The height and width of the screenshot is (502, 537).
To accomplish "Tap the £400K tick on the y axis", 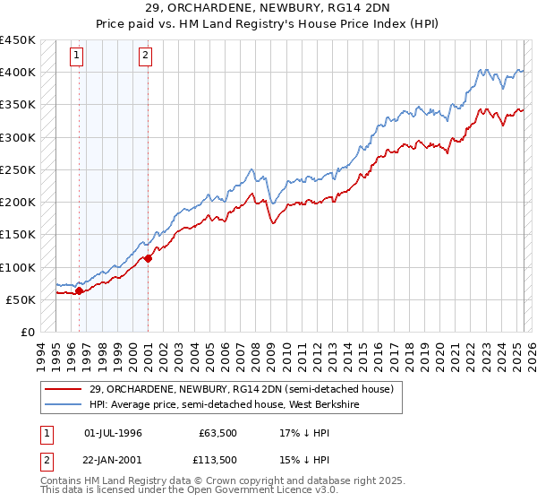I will coord(18,73).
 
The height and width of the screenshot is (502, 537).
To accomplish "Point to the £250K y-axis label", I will coord(18,170).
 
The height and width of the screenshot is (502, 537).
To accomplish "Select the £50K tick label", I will coord(21,300).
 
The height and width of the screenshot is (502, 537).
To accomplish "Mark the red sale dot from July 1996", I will coord(79,290).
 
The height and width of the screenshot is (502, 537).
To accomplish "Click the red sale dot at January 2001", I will coord(149,258).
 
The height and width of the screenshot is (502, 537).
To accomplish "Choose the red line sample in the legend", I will coord(64,388).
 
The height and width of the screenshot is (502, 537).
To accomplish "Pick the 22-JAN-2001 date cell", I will coord(113,459).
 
